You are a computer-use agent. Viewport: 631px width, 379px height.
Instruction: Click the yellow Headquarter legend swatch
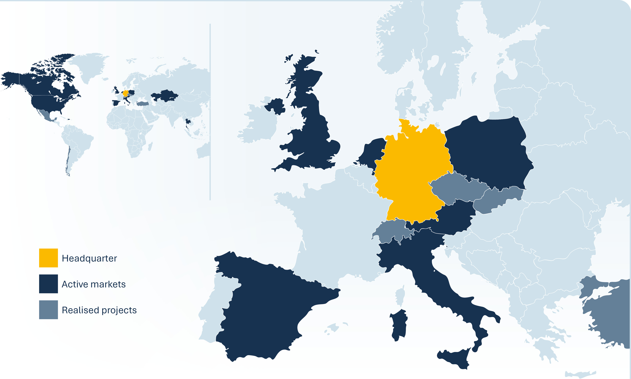click(x=48, y=258)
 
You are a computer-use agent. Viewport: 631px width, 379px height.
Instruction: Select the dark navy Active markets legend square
click(x=48, y=284)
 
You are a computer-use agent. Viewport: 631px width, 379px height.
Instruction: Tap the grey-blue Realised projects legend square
click(x=48, y=310)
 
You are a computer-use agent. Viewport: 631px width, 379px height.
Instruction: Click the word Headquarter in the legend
click(x=89, y=259)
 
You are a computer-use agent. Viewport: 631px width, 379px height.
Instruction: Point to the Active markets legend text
click(x=94, y=284)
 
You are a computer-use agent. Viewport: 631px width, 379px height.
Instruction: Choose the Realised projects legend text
click(x=99, y=310)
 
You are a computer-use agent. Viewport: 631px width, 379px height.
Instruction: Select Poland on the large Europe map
click(x=487, y=153)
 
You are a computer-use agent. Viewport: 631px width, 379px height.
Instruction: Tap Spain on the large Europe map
click(x=268, y=307)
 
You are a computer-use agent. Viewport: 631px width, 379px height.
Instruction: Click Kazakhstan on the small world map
click(x=165, y=96)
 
